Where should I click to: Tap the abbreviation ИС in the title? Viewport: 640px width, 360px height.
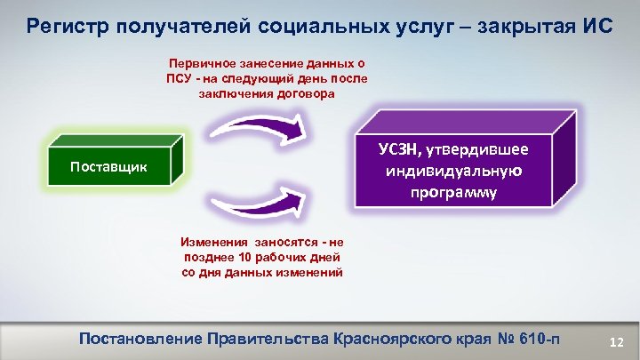pos(596,24)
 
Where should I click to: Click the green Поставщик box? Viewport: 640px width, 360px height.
pos(112,167)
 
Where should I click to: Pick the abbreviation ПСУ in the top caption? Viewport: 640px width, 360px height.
pos(178,79)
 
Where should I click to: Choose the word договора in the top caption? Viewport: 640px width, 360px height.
pos(308,94)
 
